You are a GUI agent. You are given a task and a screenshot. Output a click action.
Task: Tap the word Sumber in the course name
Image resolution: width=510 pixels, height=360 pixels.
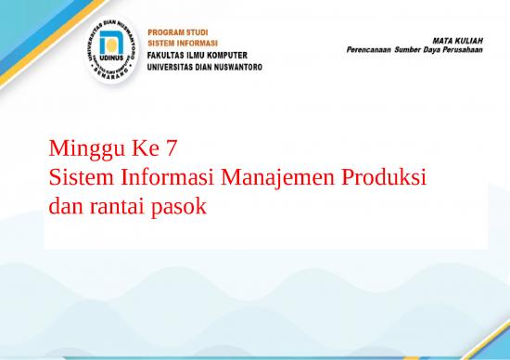(x=414, y=50)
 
